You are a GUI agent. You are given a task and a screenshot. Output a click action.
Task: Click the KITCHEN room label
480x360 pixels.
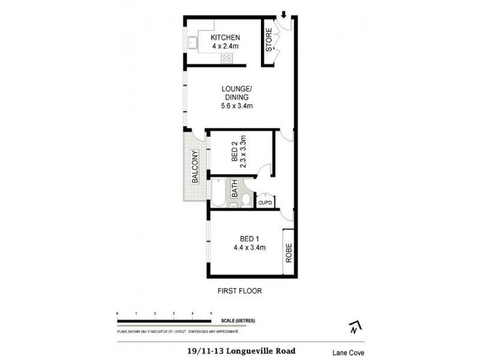tap(225, 37)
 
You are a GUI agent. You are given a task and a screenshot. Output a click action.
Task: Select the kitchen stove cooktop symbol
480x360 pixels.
tap(227, 58)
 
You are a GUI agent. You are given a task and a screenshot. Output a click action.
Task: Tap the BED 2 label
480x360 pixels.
tap(235, 153)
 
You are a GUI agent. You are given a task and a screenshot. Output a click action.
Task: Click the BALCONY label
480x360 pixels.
tap(195, 166)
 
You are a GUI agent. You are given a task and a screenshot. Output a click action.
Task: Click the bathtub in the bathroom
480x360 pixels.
tap(218, 196)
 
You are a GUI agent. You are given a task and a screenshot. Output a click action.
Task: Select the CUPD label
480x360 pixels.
tap(265, 203)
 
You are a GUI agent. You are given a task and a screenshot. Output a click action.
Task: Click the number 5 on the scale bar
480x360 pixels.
tap(211, 313)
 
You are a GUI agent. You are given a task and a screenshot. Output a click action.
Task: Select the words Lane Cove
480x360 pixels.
tap(345, 352)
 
